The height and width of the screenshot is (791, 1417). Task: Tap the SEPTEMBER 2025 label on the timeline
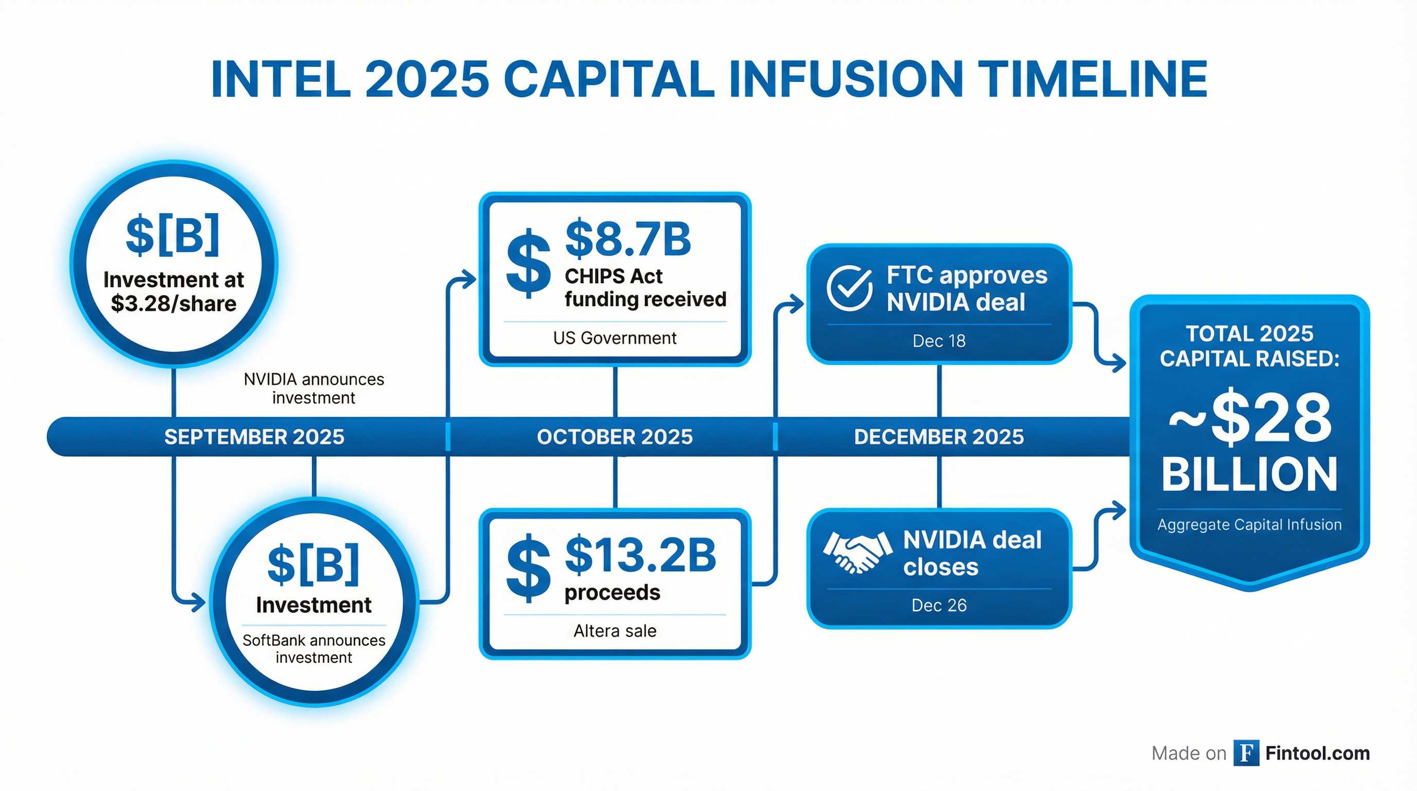(x=254, y=437)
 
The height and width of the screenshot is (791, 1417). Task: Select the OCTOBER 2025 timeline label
(x=615, y=437)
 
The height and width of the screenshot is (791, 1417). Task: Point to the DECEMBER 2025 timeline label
(x=939, y=437)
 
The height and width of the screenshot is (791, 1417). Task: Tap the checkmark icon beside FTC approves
(x=849, y=288)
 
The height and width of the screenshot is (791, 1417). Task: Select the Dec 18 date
(x=939, y=341)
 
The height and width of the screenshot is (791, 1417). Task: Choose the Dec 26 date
(x=939, y=605)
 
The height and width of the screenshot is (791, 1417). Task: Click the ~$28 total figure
(x=1250, y=418)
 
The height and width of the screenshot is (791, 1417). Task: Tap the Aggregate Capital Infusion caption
(x=1250, y=525)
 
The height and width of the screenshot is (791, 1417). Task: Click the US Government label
(x=615, y=338)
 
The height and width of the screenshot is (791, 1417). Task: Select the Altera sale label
(x=615, y=630)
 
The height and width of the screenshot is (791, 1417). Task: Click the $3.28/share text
(x=174, y=304)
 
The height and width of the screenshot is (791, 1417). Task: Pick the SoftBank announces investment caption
(x=314, y=648)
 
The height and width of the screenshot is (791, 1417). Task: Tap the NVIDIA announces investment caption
(x=314, y=388)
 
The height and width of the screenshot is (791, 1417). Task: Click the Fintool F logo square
(x=1247, y=753)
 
